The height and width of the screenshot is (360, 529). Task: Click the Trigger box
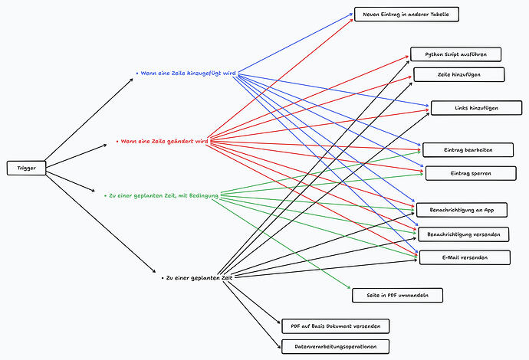26,168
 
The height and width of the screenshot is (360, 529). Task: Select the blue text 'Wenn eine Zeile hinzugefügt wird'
186,74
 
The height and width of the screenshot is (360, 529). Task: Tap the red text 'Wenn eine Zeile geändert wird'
163,142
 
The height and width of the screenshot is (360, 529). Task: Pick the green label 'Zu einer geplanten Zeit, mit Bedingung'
163,196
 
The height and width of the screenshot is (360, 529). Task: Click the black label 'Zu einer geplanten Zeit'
197,278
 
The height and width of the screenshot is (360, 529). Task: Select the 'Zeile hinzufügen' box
458,74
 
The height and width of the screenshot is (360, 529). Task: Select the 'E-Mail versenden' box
464,257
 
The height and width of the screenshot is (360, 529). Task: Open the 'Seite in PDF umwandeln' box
396,295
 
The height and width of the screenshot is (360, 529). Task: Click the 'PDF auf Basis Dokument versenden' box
335,326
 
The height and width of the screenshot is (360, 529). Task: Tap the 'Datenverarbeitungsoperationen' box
335,346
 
